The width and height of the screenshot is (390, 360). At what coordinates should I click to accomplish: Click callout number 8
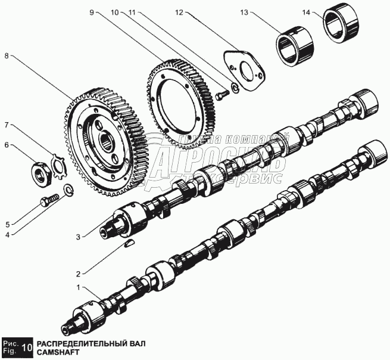tap(7, 57)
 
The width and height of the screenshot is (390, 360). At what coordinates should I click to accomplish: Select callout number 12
tap(179, 11)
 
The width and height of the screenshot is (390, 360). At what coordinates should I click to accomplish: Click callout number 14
tap(306, 11)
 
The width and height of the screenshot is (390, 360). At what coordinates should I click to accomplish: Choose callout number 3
tap(77, 237)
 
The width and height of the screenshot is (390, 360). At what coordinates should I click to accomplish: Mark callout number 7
tap(7, 125)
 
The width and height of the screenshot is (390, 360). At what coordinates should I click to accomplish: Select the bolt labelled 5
tap(47, 202)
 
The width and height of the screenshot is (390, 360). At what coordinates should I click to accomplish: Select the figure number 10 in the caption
tap(27, 347)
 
